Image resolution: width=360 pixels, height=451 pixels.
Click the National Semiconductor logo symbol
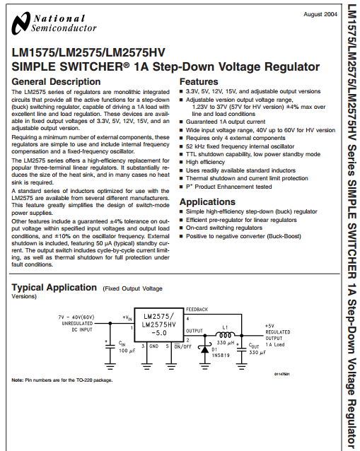pyautogui.click(x=21, y=23)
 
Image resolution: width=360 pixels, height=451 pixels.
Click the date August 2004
pyautogui.click(x=320, y=14)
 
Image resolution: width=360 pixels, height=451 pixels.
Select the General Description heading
pyautogui.click(x=56, y=82)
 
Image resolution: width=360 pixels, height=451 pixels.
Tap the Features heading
pyautogui.click(x=199, y=82)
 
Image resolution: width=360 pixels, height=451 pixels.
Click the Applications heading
pyautogui.click(x=207, y=202)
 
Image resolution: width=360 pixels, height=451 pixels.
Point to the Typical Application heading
pyautogui.click(x=54, y=287)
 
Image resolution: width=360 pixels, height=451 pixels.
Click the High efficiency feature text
pyautogui.click(x=205, y=162)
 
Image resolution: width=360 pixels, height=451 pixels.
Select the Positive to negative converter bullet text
pyautogui.click(x=243, y=236)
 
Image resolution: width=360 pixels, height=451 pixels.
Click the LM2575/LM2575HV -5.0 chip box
pyautogui.click(x=159, y=325)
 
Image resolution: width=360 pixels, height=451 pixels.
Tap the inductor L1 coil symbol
pyautogui.click(x=225, y=335)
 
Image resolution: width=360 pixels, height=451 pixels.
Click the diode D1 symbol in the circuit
pyautogui.click(x=204, y=349)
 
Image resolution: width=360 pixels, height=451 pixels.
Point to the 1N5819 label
pyautogui.click(x=221, y=356)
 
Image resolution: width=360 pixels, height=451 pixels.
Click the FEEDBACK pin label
pyautogui.click(x=197, y=310)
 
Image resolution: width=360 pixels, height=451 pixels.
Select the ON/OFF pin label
pyautogui.click(x=182, y=346)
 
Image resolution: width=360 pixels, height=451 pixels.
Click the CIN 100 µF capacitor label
pyautogui.click(x=127, y=347)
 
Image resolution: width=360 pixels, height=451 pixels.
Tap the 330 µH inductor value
pyautogui.click(x=226, y=343)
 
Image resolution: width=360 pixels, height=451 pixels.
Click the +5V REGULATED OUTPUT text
pyautogui.click(x=278, y=332)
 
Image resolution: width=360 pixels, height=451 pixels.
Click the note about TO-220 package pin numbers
pyautogui.click(x=62, y=380)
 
